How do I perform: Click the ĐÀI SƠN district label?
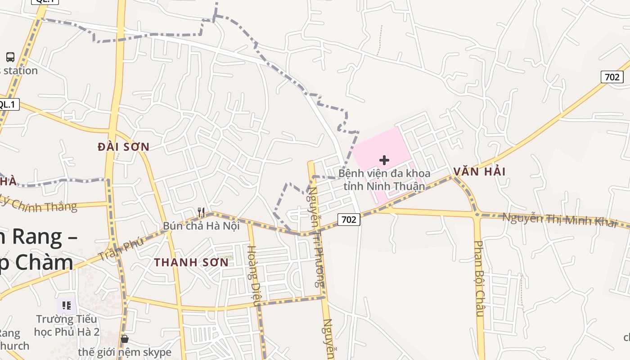[123, 147]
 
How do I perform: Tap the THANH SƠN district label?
[191, 262]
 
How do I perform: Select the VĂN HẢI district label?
[479, 171]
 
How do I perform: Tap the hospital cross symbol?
[384, 160]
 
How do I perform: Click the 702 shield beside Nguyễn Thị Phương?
[349, 220]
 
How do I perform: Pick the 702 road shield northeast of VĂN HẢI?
[612, 77]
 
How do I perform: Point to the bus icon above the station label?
[10, 57]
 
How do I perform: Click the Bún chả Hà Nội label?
[201, 226]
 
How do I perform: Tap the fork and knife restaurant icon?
[201, 212]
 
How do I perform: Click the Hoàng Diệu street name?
[253, 275]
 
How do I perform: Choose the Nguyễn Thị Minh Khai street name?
[560, 220]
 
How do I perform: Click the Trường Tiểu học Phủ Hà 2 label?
[67, 325]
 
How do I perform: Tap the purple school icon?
[67, 306]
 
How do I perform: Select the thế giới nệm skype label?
[125, 352]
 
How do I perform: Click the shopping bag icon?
[125, 338]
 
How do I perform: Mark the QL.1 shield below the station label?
[8, 105]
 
